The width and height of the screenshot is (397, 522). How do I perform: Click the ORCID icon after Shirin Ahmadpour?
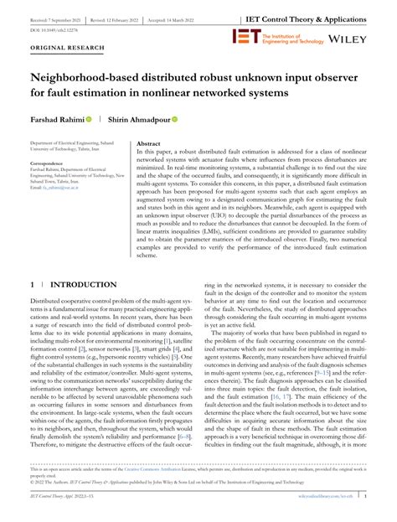175,119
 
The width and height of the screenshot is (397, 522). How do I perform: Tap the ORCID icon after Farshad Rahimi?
88,119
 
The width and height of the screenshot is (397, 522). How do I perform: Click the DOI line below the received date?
49,28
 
